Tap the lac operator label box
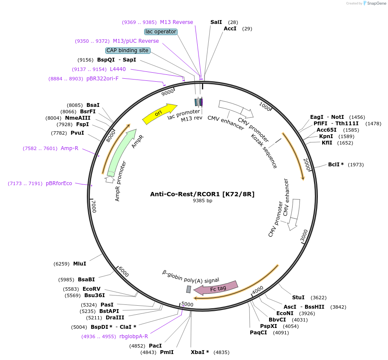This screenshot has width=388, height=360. click(x=161, y=32)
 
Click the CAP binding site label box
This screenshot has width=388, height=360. click(x=127, y=50)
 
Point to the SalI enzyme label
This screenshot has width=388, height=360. click(x=216, y=22)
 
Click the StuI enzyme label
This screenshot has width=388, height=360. click(x=298, y=297)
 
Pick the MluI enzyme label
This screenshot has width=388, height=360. click(x=80, y=264)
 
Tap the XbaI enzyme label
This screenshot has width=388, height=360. click(x=200, y=352)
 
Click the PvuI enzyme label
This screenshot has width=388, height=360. click(x=77, y=133)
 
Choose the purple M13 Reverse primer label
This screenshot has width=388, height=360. click(x=176, y=22)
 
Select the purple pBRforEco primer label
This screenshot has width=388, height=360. click(x=59, y=183)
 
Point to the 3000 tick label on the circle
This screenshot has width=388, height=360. click(x=304, y=235)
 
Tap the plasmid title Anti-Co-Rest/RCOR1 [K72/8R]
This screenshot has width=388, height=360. click(x=202, y=194)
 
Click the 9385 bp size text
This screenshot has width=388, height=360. click(x=202, y=201)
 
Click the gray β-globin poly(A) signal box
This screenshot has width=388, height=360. click(x=188, y=289)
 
